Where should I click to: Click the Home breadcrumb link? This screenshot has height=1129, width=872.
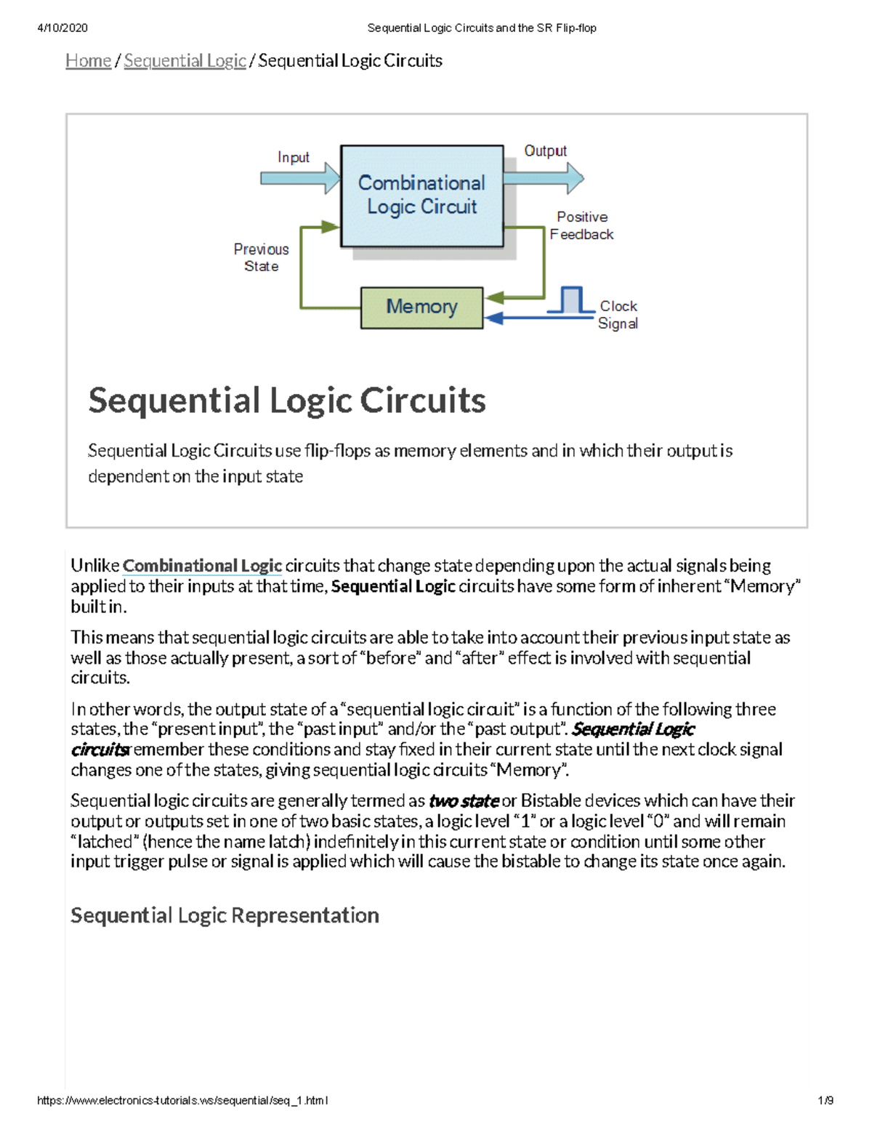coord(88,61)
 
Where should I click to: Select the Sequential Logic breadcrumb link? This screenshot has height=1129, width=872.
coord(185,61)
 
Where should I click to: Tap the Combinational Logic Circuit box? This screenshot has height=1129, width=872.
coord(421,195)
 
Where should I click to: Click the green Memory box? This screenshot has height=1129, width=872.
coord(421,308)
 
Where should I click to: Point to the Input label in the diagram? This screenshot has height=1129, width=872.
coord(293,158)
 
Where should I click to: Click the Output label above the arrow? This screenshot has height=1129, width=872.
coord(545,151)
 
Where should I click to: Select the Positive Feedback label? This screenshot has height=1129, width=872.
coord(581,225)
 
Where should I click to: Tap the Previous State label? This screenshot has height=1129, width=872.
coord(261,257)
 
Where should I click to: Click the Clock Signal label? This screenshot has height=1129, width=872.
coord(618,315)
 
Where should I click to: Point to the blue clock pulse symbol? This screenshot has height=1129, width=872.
coord(572,300)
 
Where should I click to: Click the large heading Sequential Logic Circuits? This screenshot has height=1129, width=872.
coord(287,401)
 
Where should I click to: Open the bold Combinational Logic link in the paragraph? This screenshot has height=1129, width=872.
coord(202,566)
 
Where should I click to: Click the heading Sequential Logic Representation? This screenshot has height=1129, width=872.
coord(225,915)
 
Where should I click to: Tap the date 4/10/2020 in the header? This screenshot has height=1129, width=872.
coord(62,28)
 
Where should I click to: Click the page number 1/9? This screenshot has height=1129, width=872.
coord(825,1101)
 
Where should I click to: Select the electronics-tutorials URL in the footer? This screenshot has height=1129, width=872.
coord(182,1101)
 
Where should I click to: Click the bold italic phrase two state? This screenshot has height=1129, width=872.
coord(464,801)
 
